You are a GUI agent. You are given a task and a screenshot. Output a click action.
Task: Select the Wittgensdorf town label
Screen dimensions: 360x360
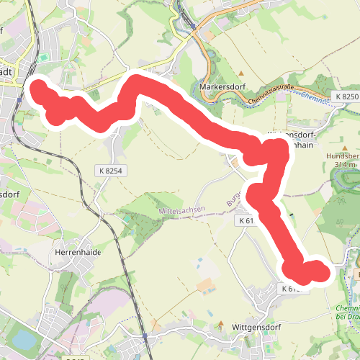click(257, 326)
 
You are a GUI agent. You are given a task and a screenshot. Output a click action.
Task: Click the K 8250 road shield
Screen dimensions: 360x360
click(346, 96)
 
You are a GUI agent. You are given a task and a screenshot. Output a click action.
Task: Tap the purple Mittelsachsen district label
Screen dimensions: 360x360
click(181, 211)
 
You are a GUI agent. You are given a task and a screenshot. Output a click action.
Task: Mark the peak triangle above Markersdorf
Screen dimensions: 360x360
click(242, 73)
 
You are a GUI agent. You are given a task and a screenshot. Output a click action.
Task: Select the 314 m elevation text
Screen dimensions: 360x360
click(344, 165)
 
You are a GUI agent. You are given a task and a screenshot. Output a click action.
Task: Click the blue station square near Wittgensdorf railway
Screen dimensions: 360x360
click(145, 336)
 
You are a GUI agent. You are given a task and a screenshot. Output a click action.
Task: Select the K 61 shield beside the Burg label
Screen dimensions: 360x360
click(246, 221)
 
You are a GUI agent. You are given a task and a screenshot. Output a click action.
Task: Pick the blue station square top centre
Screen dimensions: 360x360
click(194, 28)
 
